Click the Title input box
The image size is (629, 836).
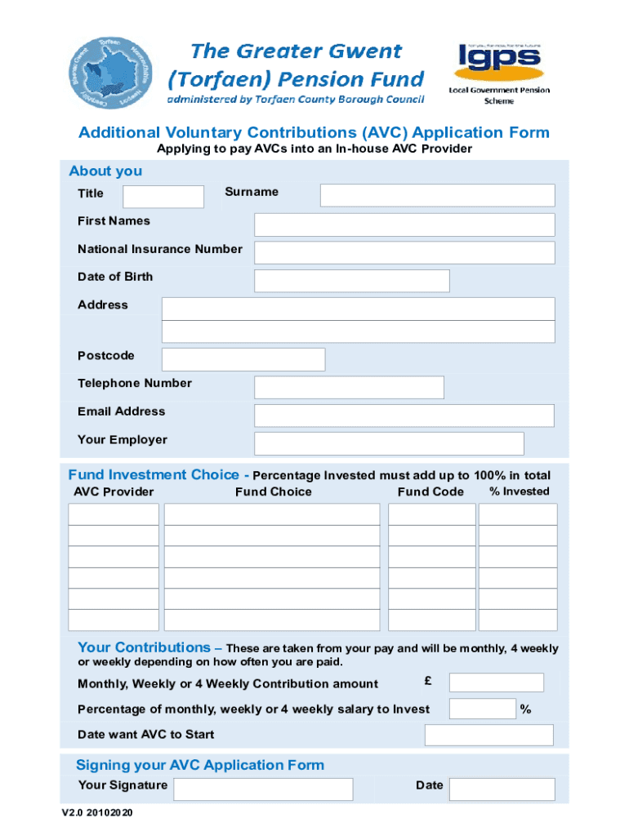163,197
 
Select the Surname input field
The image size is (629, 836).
437,195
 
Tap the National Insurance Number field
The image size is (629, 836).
404,252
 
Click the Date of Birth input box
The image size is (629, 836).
352,281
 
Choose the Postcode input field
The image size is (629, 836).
243,359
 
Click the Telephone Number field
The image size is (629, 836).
349,387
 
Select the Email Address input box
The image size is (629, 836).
404,416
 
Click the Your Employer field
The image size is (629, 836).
389,443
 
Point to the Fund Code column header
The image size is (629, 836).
430,491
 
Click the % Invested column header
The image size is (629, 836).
519,491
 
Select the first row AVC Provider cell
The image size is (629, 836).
114,514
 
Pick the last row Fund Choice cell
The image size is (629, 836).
272,620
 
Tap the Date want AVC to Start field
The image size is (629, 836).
488,735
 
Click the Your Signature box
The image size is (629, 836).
264,789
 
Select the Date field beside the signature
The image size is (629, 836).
502,789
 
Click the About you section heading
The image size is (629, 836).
105,171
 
